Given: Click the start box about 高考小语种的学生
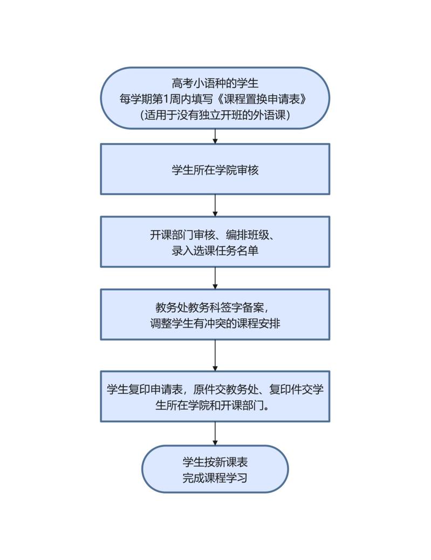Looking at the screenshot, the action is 215,98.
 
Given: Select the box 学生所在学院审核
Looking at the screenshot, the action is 215,169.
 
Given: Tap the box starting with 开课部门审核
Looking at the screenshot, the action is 215,242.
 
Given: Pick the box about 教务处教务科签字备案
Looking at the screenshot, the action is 215,315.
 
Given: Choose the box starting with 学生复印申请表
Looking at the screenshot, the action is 215,397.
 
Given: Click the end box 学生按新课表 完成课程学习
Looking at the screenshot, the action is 215,469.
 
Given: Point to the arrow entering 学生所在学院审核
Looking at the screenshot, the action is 215,136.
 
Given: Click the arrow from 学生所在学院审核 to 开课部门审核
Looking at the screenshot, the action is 215,206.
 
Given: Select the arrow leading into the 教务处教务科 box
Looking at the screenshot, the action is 215,278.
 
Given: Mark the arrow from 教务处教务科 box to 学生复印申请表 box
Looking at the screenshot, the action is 215,356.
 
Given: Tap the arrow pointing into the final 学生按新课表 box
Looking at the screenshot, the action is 215,434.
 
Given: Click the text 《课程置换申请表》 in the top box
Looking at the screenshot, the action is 262,99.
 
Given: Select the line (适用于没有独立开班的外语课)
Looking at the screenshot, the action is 215,114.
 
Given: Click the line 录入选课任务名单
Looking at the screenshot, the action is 215,250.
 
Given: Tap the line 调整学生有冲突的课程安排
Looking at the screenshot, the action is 215,323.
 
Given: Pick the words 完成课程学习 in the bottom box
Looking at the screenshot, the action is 215,477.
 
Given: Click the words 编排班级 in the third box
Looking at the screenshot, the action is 247,235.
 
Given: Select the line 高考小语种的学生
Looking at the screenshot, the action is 215,83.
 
